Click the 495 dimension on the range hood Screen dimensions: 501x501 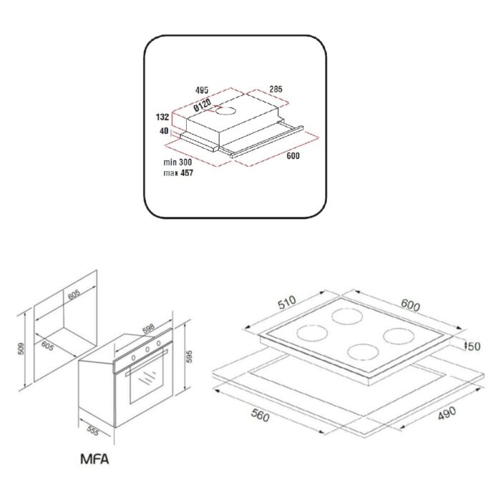(202, 90)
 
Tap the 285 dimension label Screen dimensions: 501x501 (276, 89)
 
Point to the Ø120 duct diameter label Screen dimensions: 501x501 (202, 105)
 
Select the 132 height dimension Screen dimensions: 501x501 (162, 117)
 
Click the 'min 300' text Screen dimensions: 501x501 (177, 162)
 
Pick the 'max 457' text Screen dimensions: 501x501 (178, 173)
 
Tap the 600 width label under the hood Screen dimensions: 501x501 (293, 155)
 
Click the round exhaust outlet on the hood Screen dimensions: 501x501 (225, 111)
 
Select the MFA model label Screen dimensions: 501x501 (94, 459)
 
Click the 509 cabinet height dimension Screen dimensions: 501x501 (21, 349)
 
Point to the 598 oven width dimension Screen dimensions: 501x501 (149, 329)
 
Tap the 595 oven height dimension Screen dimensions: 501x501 (189, 356)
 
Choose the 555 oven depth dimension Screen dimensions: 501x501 (92, 431)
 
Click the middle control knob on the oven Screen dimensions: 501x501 (147, 349)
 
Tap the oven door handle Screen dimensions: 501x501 (147, 362)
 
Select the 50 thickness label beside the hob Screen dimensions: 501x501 (474, 346)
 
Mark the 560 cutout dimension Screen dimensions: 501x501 (261, 415)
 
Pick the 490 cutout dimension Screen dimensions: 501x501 (447, 413)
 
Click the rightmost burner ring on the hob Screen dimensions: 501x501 (399, 336)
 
